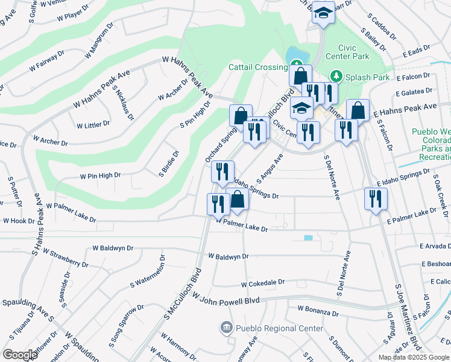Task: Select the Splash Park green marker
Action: tap(336, 77)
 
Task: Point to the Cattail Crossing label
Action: tap(257, 68)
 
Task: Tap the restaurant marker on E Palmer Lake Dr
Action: tap(376, 198)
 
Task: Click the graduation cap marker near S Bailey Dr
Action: tap(323, 13)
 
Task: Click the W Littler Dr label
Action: tap(93, 124)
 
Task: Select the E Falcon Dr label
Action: tap(413, 77)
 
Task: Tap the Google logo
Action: tap(20, 355)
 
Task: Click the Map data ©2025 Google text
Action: tap(414, 357)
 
